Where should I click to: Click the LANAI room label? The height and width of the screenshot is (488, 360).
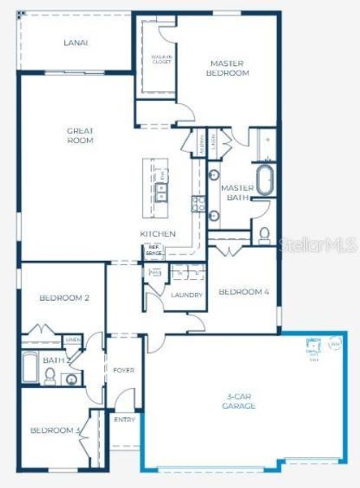[76, 42]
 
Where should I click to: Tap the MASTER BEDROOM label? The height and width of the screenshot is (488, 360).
[228, 68]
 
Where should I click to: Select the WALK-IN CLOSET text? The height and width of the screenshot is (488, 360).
[161, 59]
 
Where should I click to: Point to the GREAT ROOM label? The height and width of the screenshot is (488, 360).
[80, 135]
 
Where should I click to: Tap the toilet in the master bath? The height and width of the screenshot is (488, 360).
[264, 235]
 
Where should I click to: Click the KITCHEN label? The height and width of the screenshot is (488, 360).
[158, 233]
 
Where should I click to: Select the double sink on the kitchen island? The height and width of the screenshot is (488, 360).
[162, 192]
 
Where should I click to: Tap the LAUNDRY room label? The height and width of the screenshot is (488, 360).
[186, 294]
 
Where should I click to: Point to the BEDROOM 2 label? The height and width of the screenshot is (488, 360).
[64, 298]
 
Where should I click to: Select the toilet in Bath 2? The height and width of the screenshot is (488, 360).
[50, 376]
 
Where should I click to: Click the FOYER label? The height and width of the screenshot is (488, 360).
[123, 370]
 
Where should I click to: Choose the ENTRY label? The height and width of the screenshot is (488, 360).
[124, 420]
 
